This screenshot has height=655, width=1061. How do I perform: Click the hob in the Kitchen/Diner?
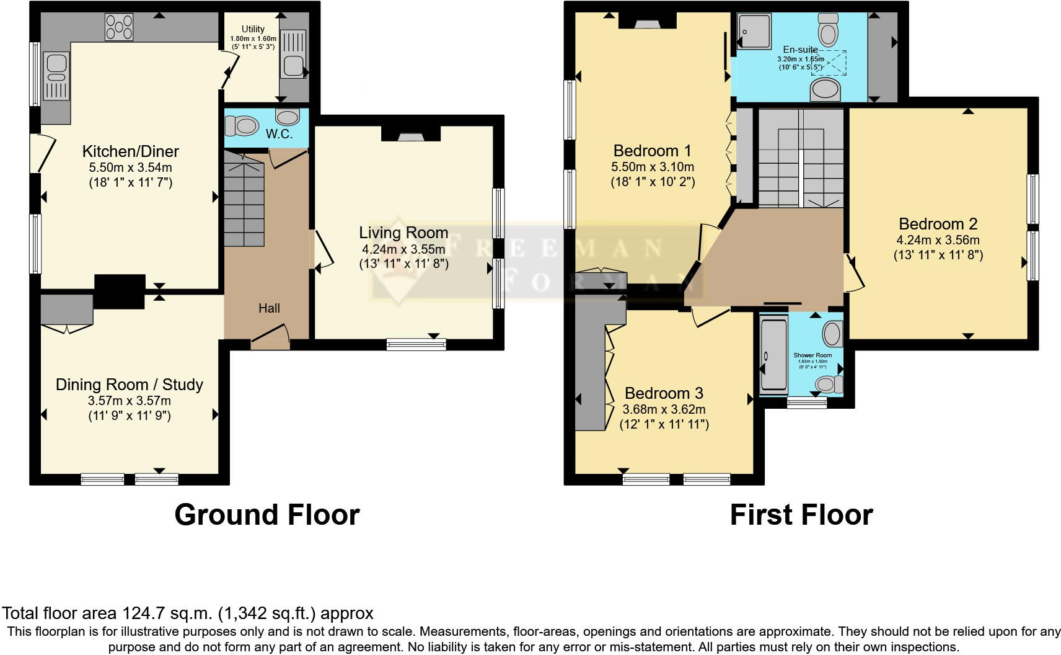pos(119,27)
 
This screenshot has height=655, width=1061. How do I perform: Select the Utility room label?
pos(253,29)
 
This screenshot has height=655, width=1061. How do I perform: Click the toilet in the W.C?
pos(242,127)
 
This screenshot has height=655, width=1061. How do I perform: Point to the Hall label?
pos(269,308)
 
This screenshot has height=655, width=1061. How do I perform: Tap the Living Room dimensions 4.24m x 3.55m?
pos(403,249)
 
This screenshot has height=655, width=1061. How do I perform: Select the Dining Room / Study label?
pos(130,385)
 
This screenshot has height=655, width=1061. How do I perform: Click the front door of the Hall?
pos(270,339)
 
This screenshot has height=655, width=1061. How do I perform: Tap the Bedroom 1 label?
pos(652,151)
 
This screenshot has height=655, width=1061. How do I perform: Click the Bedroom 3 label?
pos(664,393)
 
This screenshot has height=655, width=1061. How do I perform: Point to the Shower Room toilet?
pos(828,385)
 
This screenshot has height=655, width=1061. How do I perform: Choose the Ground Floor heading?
pos(266,515)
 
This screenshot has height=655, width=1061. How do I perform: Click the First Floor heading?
pos(801,515)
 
